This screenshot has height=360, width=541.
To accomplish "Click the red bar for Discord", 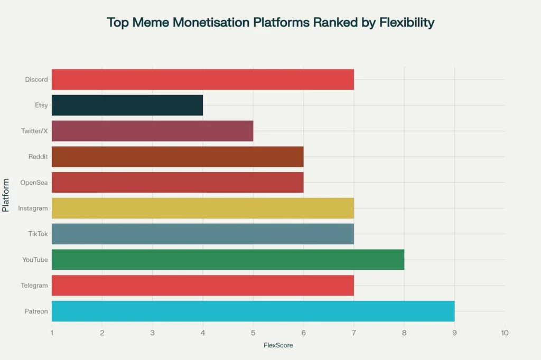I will pos(202,79).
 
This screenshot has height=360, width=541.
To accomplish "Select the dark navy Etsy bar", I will pos(127,105).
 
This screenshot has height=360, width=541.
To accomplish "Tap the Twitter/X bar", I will pos(152,131).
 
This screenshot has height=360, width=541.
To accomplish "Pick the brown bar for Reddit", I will pos(178,157).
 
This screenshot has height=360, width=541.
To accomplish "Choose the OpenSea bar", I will pos(178,183).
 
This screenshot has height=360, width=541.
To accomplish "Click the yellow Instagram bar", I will pos(202,208).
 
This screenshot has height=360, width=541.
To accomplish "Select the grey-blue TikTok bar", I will pos(202,234).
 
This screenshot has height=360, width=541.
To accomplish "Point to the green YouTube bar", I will pos(228,260).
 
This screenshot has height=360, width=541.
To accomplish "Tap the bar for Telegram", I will pos(202,285).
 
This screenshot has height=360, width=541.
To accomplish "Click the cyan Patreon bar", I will pos(253,311).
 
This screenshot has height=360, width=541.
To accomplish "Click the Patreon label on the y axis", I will pos(36,311).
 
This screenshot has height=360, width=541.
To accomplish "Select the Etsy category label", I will pos(41,106).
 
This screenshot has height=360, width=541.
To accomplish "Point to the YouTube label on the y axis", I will pos(35,260).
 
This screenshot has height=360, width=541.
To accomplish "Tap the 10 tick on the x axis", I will pos(505,333).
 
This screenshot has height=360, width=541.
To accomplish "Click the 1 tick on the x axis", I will pos(52,333).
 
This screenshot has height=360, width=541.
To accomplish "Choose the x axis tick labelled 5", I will pos(253,333).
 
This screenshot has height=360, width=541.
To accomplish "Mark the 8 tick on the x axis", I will pos(404,333).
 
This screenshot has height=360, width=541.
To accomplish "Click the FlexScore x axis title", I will pos(278,345).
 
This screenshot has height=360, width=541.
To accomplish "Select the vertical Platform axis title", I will pos(6,195).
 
